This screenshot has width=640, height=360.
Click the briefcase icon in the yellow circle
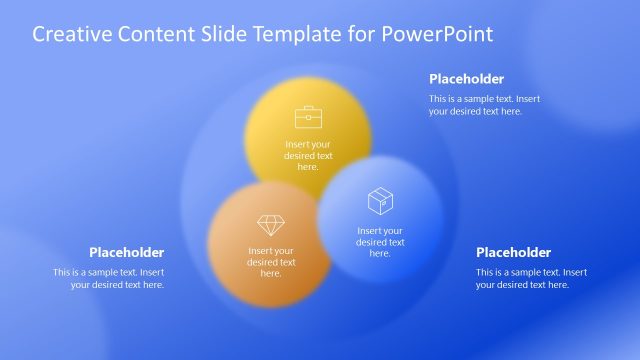[308, 116]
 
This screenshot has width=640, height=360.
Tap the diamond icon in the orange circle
[271, 225]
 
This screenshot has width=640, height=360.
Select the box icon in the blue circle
[380, 202]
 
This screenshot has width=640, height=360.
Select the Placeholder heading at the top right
[466, 79]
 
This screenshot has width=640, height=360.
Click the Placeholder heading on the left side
[126, 252]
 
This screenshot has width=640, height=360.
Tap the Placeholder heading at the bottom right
[513, 252]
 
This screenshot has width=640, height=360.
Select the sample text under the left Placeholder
[109, 278]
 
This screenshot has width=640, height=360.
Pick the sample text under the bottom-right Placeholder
[531, 278]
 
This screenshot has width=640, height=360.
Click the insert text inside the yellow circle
[308, 155]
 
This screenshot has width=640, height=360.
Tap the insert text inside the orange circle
[271, 262]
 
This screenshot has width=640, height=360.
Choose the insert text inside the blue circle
[380, 242]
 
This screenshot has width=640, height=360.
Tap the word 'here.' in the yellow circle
[308, 167]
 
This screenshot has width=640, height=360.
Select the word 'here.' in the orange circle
[271, 273]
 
